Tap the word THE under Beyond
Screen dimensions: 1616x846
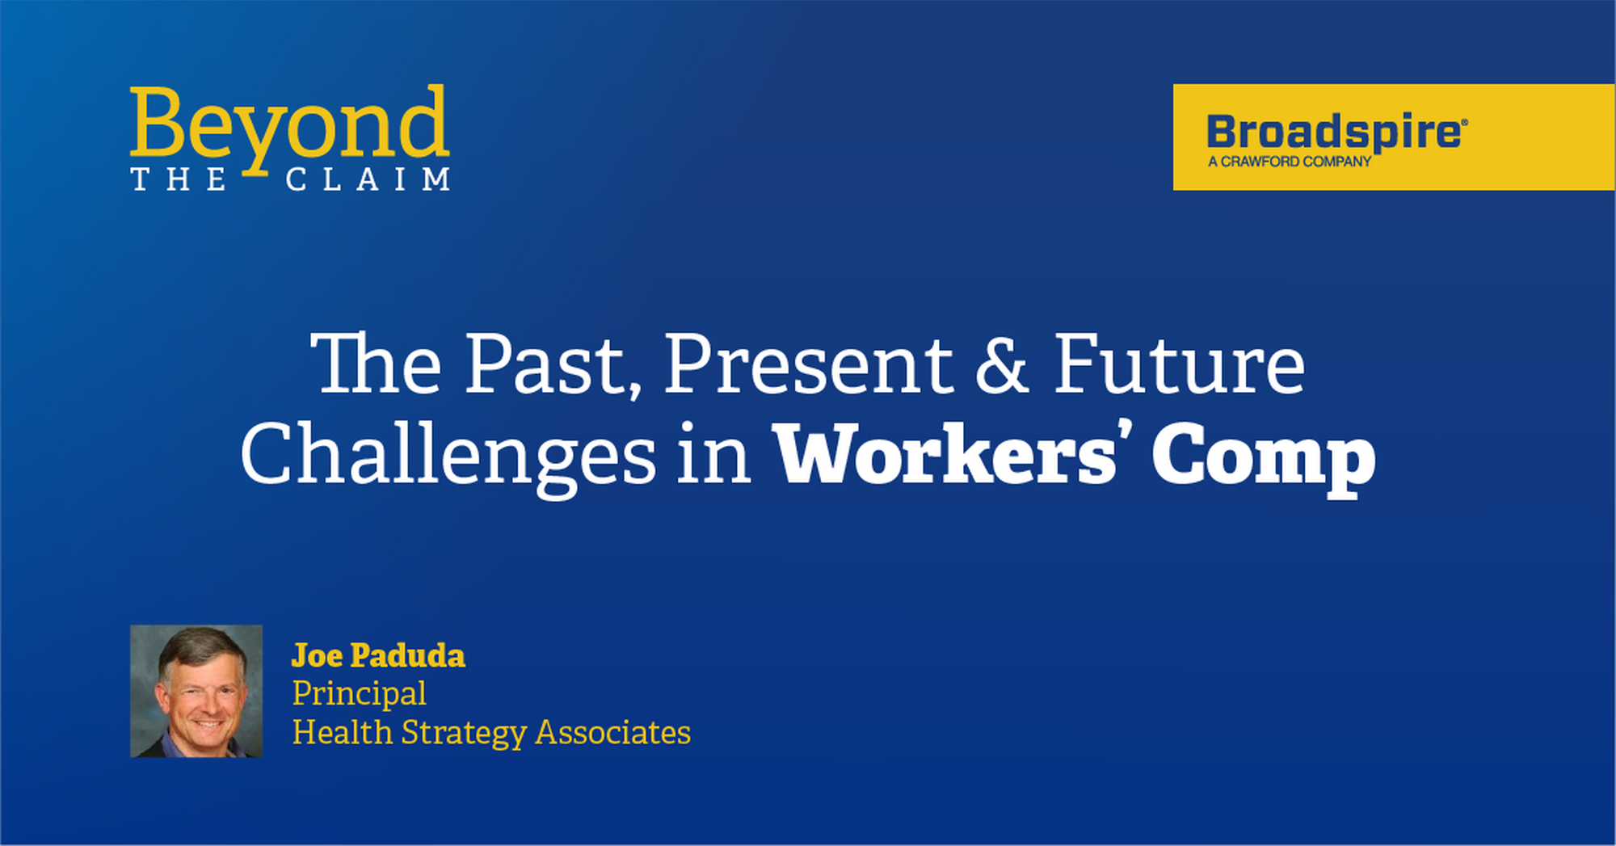[x=179, y=179]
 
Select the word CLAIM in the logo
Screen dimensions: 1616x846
[x=368, y=179]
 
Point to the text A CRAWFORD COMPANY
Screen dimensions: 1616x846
[x=1290, y=162]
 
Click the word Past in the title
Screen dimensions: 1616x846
[x=553, y=365]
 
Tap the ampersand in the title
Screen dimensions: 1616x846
[x=1003, y=365]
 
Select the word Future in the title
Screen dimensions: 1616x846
[x=1180, y=365]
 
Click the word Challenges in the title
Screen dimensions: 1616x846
[x=448, y=456]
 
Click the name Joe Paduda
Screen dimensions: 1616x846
[x=378, y=655]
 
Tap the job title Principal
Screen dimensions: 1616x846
[x=359, y=694]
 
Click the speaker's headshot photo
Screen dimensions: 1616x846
[x=196, y=691]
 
